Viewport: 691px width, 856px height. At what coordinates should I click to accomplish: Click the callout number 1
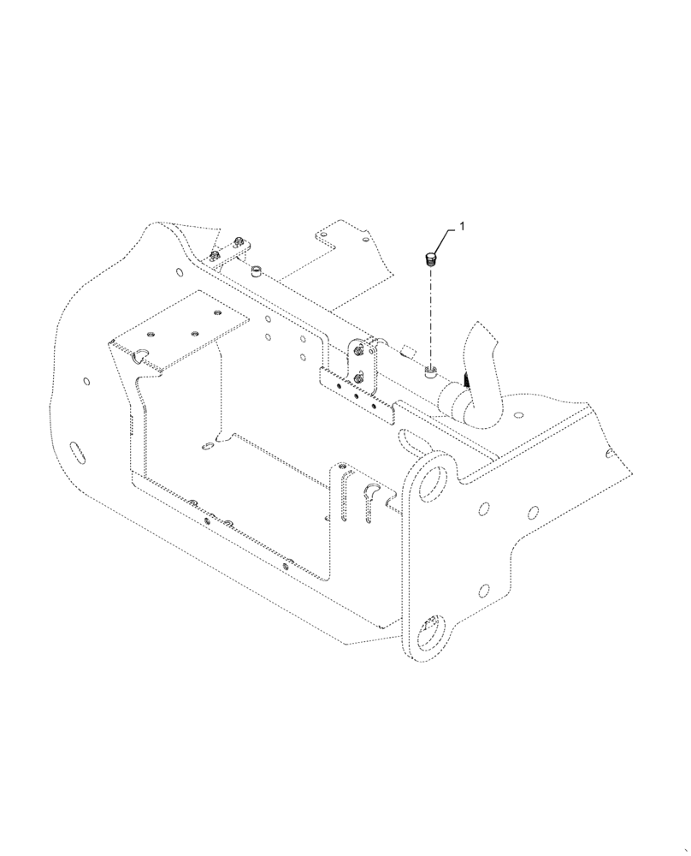pos(463,227)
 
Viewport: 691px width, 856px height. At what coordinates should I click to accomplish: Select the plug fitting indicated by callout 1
pos(432,258)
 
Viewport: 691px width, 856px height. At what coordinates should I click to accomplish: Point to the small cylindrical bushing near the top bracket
pos(256,273)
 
